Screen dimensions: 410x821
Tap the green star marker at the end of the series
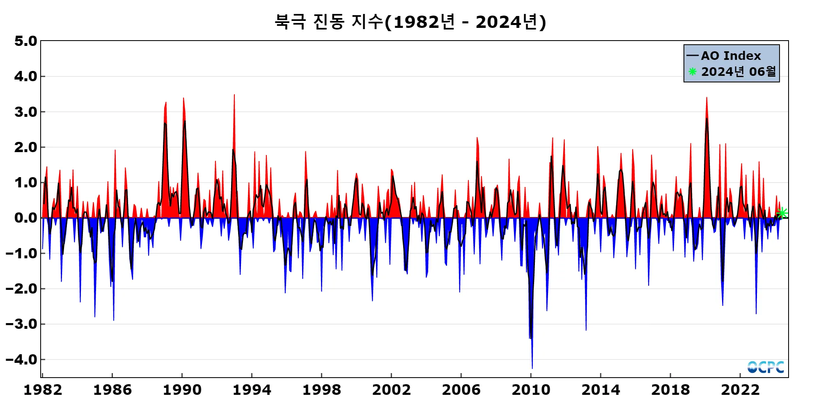pos(782,213)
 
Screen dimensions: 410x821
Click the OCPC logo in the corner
pos(766,367)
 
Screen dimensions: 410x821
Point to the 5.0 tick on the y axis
pos(25,41)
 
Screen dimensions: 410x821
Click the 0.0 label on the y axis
pos(25,218)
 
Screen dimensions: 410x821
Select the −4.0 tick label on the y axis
pos(21,360)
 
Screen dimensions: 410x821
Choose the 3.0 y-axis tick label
pos(25,112)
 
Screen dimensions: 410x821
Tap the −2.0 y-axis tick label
pos(21,289)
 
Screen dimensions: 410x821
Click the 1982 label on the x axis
pos(43,390)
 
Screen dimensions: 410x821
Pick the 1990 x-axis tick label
pos(182,390)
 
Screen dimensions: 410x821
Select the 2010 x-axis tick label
pos(531,390)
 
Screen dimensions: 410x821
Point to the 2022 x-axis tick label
pos(740,390)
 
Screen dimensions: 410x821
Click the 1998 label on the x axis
pos(321,390)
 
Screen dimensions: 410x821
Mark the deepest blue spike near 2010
pos(532,368)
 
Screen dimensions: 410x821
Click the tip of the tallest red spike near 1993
pos(234,95)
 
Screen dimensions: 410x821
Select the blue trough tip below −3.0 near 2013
pos(586,330)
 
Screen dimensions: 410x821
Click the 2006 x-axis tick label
pos(461,390)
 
